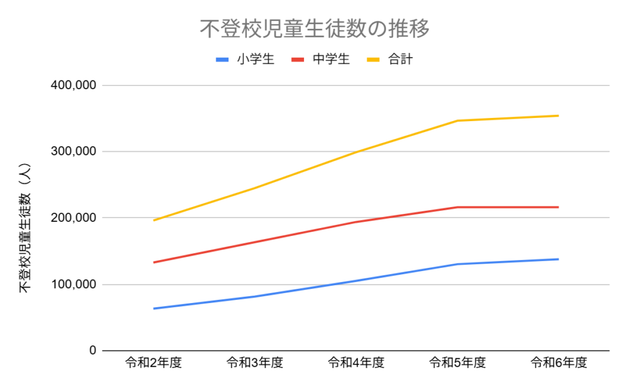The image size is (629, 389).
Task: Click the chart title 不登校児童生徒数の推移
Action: (314, 29)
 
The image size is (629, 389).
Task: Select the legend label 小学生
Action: (256, 60)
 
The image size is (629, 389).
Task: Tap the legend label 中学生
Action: (331, 60)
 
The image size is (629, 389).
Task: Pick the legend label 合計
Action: (400, 60)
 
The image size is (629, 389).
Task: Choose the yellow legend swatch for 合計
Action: (374, 60)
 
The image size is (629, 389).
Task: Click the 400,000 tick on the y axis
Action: (73, 85)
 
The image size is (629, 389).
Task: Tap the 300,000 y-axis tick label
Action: (73, 152)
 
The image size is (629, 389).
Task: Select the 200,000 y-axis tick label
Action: (73, 218)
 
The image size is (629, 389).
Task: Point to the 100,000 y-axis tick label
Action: (73, 285)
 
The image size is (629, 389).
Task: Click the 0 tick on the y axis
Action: (93, 351)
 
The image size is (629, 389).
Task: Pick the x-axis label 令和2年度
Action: (153, 363)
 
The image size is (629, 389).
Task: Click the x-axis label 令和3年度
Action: (254, 363)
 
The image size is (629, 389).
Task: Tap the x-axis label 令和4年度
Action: (356, 363)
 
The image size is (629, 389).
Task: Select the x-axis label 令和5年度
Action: (458, 363)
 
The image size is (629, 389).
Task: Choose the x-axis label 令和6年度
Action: (559, 363)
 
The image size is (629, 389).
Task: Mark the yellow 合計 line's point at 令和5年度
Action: (458, 120)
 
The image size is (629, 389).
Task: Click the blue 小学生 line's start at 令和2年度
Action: (154, 308)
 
